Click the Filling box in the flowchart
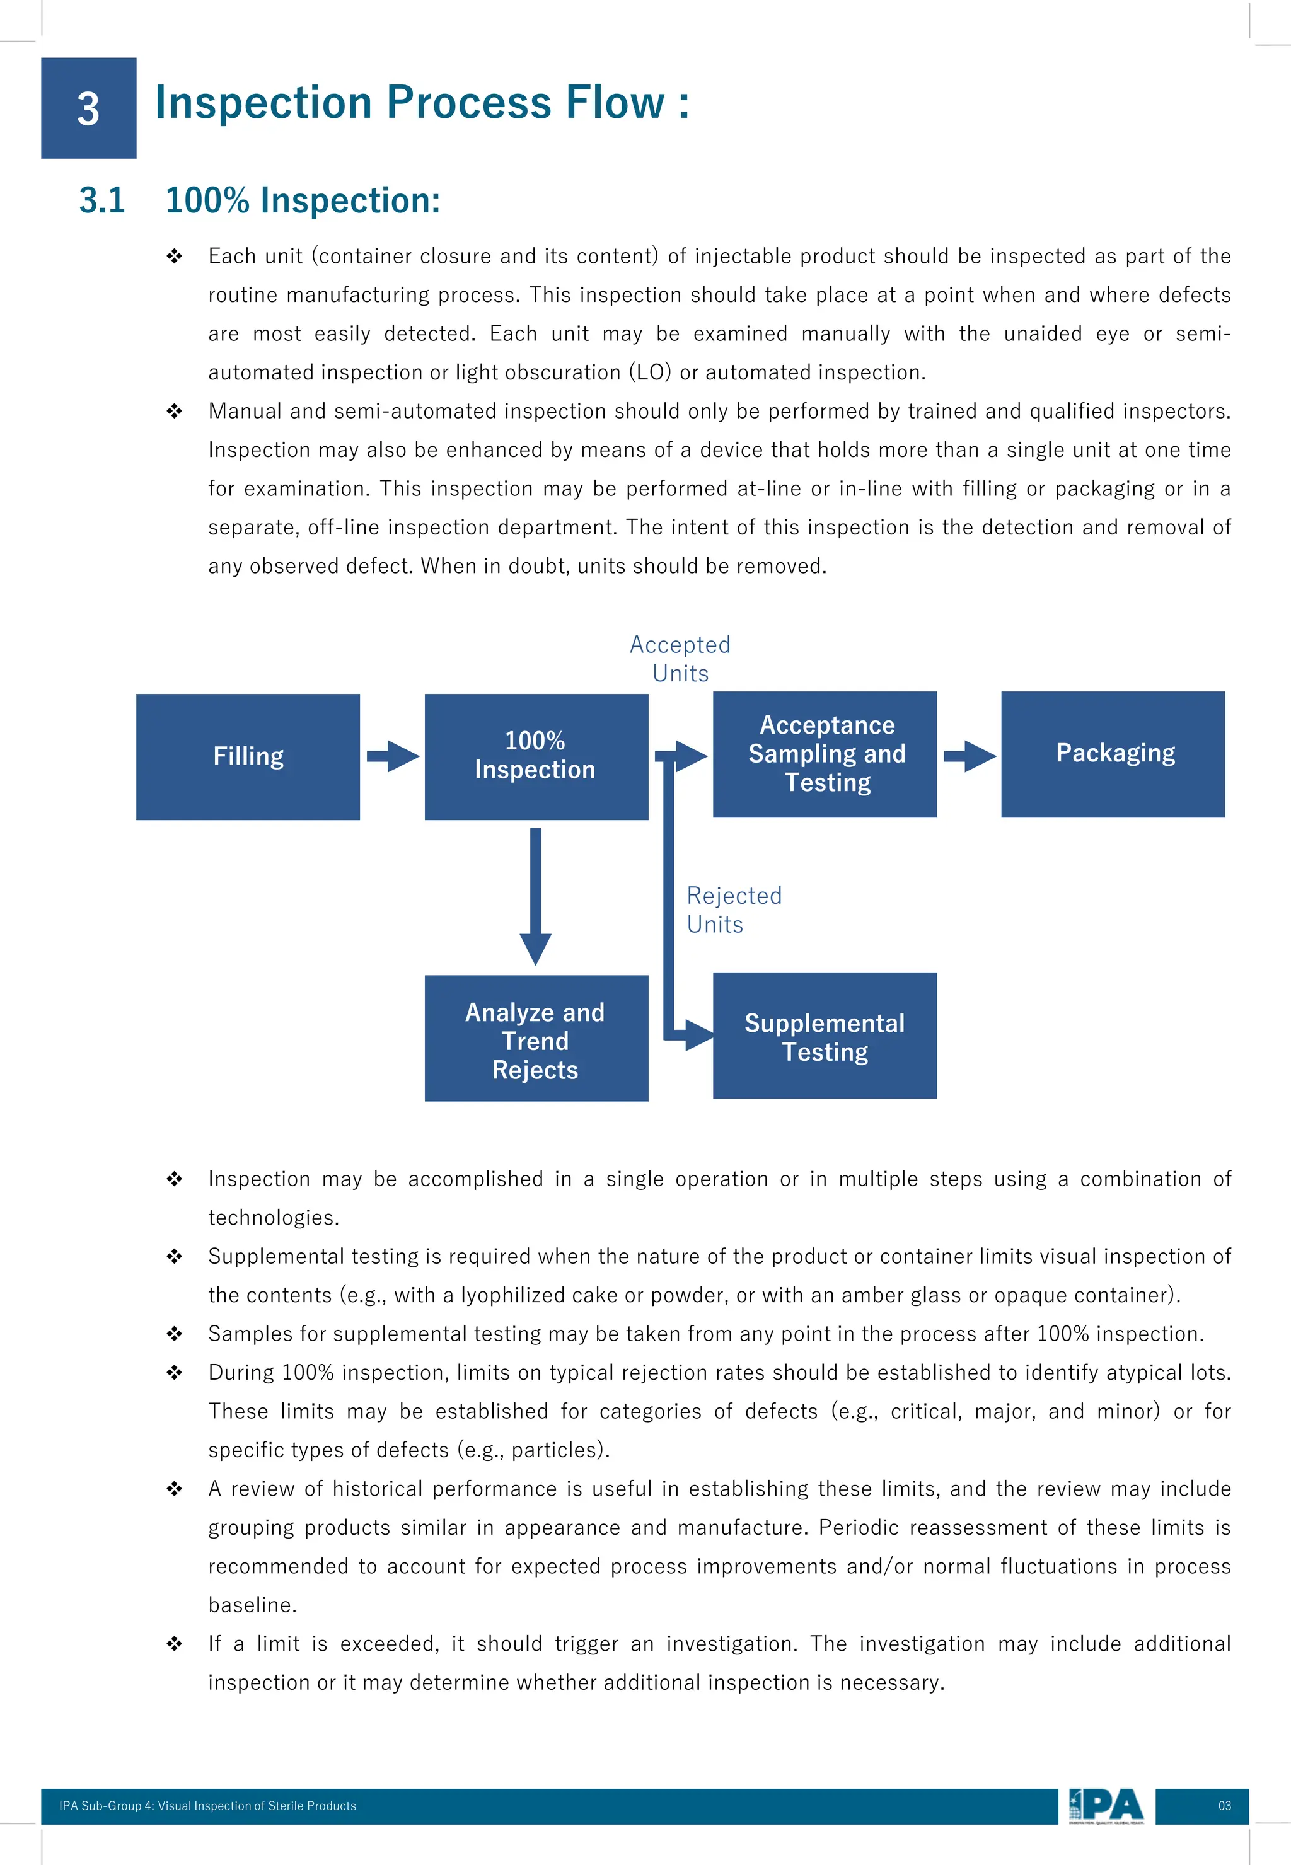(x=248, y=756)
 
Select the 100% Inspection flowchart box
(x=535, y=756)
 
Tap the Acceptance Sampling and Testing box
(x=825, y=754)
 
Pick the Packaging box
(x=1112, y=754)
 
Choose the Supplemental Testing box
(x=825, y=1035)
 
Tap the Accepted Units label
(x=680, y=659)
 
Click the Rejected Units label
(x=733, y=909)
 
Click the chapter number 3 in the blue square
(x=88, y=108)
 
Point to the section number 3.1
(x=102, y=200)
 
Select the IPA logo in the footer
(x=1106, y=1805)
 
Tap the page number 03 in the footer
(x=1224, y=1805)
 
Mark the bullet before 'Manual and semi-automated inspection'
(x=174, y=411)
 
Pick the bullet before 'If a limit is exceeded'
(x=174, y=1643)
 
